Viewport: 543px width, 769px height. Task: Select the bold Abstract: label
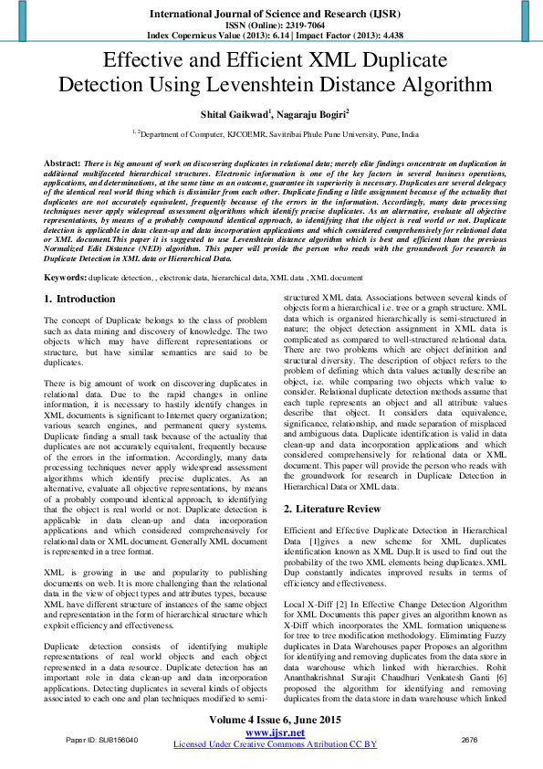[62, 162]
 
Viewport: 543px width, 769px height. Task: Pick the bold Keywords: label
[66, 250]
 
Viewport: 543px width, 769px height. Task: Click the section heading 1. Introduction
[79, 273]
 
